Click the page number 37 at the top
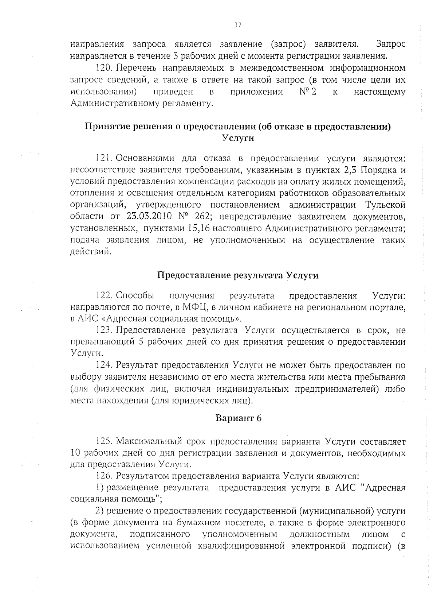[x=238, y=25]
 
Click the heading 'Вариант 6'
[x=239, y=418]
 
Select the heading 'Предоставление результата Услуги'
[x=238, y=275]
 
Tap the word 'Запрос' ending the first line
[x=390, y=44]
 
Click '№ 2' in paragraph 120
[x=307, y=92]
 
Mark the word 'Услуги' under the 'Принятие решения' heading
[x=238, y=139]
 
